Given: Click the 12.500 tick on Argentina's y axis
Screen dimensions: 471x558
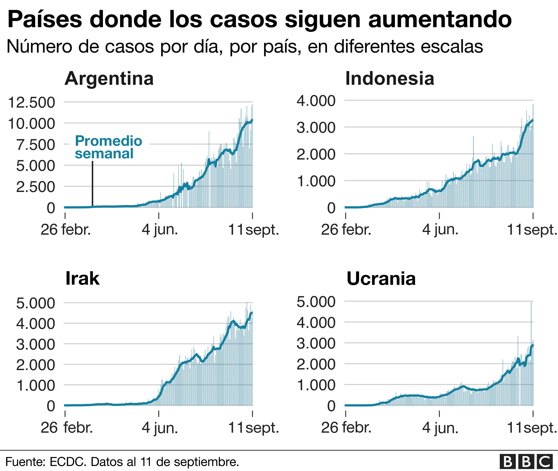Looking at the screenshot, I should (32, 103).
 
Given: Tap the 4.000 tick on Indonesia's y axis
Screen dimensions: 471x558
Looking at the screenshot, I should (316, 101).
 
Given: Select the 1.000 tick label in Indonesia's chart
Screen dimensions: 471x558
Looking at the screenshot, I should (316, 181).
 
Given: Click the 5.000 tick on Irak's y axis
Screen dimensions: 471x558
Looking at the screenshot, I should (36, 303).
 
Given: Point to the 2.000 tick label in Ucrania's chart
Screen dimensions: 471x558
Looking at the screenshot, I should (316, 364).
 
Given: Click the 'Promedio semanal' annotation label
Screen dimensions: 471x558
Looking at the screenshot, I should (108, 147).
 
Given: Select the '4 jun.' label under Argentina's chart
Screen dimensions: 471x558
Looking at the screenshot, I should (160, 230).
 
